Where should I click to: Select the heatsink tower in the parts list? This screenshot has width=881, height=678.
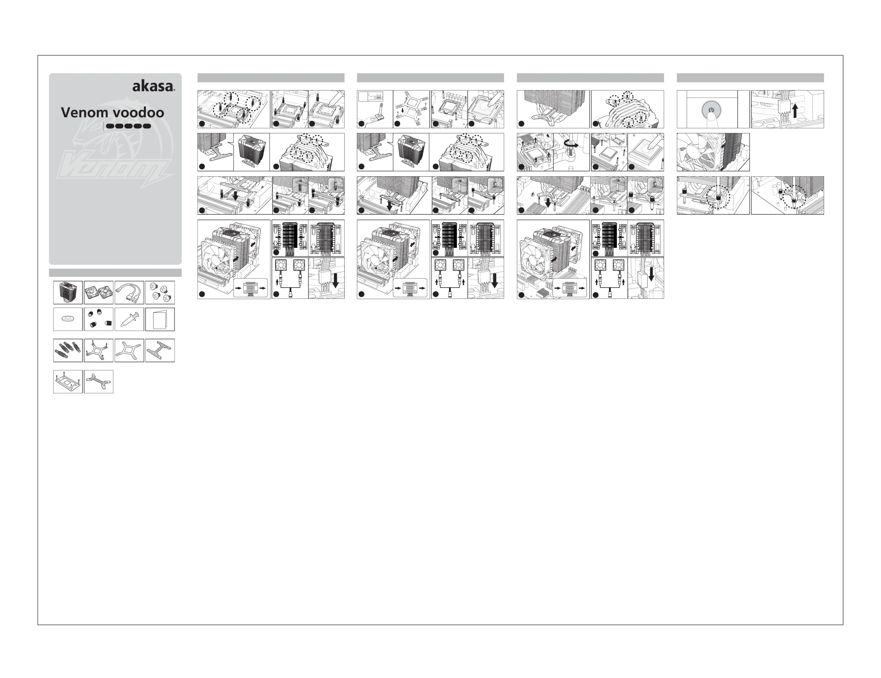pos(68,293)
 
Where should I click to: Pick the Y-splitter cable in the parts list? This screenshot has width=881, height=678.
pos(129,293)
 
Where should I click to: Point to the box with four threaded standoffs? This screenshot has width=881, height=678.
pos(68,350)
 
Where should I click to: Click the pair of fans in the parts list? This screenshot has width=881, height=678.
pos(98,293)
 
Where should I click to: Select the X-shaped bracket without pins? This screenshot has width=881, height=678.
pos(129,350)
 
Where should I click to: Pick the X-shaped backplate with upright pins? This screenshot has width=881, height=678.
pos(98,350)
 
